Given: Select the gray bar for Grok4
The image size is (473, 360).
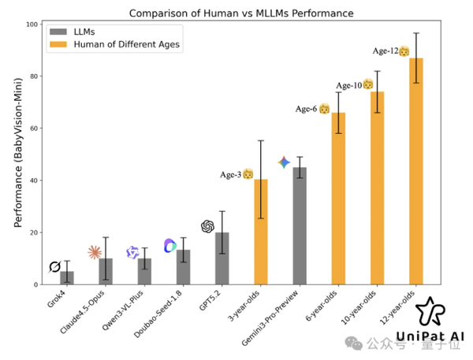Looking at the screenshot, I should (67, 277).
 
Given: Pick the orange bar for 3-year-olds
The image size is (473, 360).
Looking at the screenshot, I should (261, 232).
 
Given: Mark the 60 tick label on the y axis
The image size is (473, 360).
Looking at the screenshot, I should (35, 128).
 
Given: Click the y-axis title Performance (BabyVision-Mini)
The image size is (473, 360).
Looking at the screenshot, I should (17, 154).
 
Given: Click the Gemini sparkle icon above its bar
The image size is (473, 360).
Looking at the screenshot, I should (285, 162).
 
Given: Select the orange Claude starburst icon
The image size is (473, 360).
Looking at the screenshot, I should (95, 252).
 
